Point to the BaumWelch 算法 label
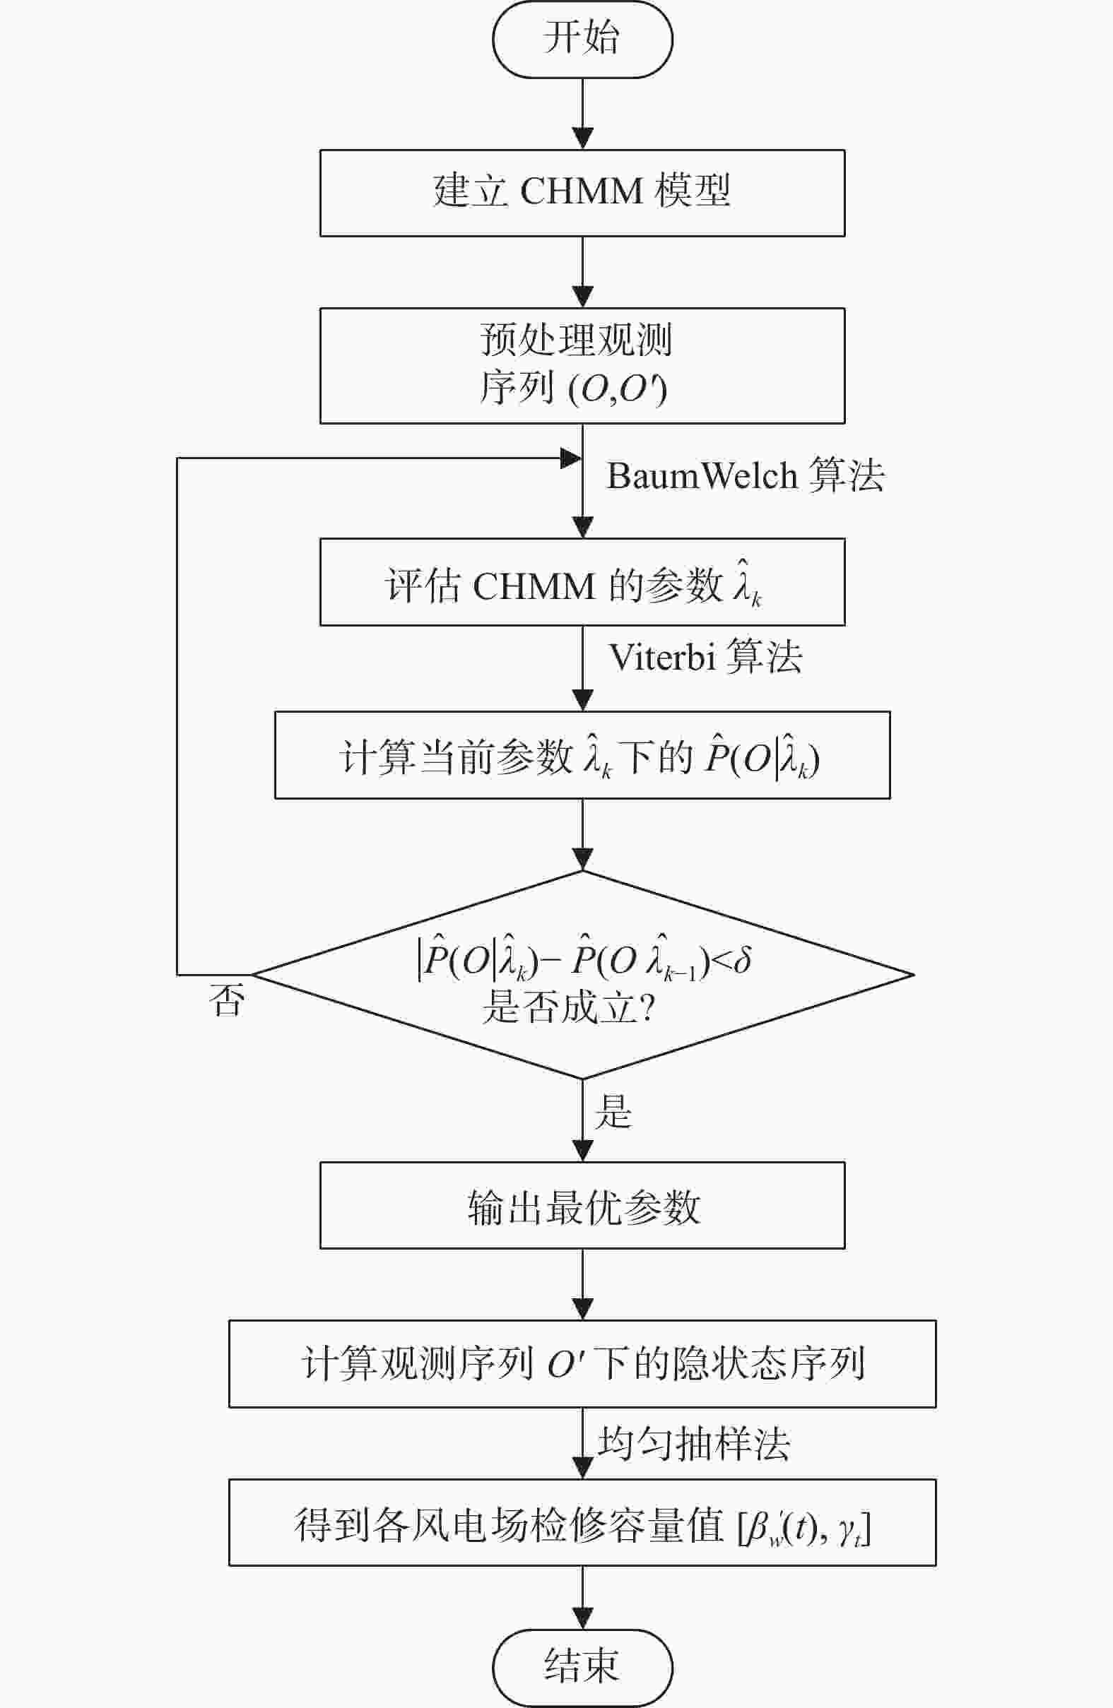click(x=746, y=475)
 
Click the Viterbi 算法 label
click(x=705, y=657)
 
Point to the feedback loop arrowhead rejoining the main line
click(x=572, y=458)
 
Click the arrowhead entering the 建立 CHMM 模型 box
click(x=582, y=139)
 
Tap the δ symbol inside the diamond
click(x=743, y=960)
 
